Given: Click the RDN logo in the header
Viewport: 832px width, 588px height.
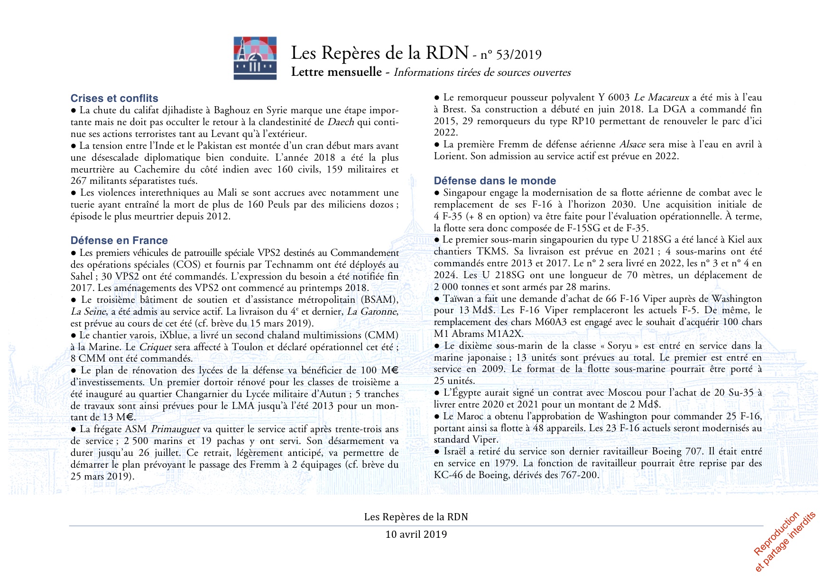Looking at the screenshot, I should click(x=255, y=58).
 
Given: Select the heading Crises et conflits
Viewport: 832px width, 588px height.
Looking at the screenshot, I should click(x=114, y=99).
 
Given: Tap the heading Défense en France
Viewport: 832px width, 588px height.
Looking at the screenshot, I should click(x=119, y=241).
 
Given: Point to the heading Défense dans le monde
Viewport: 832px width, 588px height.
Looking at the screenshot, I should click(x=495, y=181).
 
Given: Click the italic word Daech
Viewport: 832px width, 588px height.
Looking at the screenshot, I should click(x=341, y=122).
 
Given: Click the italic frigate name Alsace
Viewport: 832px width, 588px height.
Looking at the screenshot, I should click(x=632, y=145).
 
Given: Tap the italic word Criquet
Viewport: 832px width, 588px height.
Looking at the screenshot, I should click(x=155, y=347).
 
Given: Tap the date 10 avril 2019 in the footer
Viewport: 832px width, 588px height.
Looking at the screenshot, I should click(x=416, y=534).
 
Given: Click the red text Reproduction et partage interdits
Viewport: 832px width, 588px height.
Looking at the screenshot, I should click(x=785, y=542).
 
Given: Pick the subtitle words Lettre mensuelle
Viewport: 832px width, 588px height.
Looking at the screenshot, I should click(x=336, y=72).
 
